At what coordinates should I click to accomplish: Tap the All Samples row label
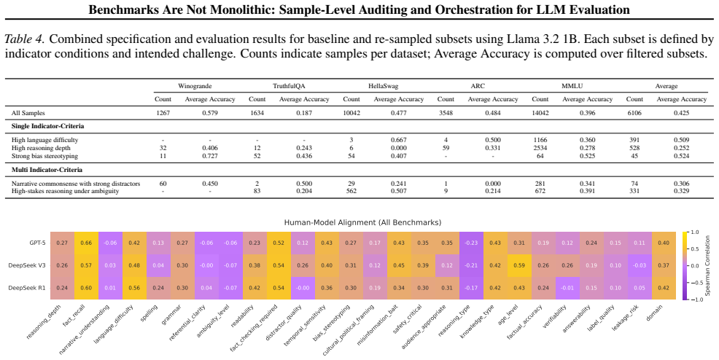coord(28,113)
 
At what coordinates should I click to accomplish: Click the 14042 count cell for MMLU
coord(540,113)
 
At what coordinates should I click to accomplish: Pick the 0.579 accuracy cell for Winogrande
coord(210,113)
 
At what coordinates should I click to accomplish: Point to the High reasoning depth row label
coord(42,148)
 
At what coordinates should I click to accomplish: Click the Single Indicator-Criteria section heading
coord(47,126)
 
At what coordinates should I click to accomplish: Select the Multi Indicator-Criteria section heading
coord(47,170)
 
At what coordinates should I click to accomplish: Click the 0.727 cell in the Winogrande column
coord(210,156)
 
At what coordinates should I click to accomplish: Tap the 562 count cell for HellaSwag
coord(351,191)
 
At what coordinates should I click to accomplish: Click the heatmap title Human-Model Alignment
coord(362,222)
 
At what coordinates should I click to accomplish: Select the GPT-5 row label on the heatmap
coord(37,243)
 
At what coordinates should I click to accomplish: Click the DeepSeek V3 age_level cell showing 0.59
coord(519,266)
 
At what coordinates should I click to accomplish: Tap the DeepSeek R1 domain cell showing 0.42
coord(664,288)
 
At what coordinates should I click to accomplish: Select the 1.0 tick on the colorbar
coord(695,232)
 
